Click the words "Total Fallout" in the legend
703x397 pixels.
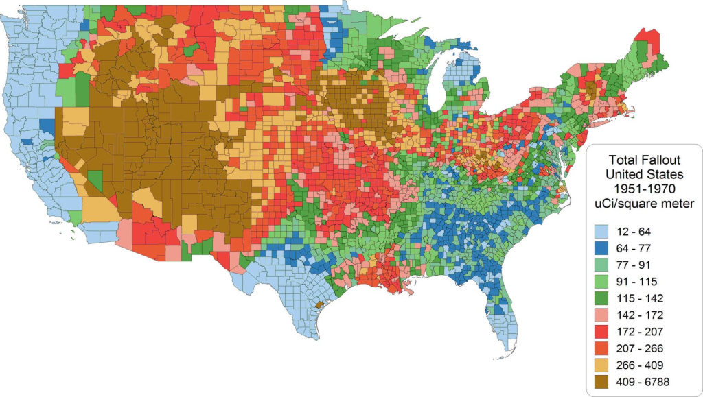(643, 160)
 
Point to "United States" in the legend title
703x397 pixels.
(643, 174)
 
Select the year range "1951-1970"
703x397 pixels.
(643, 189)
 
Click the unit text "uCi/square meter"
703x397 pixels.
(643, 203)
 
